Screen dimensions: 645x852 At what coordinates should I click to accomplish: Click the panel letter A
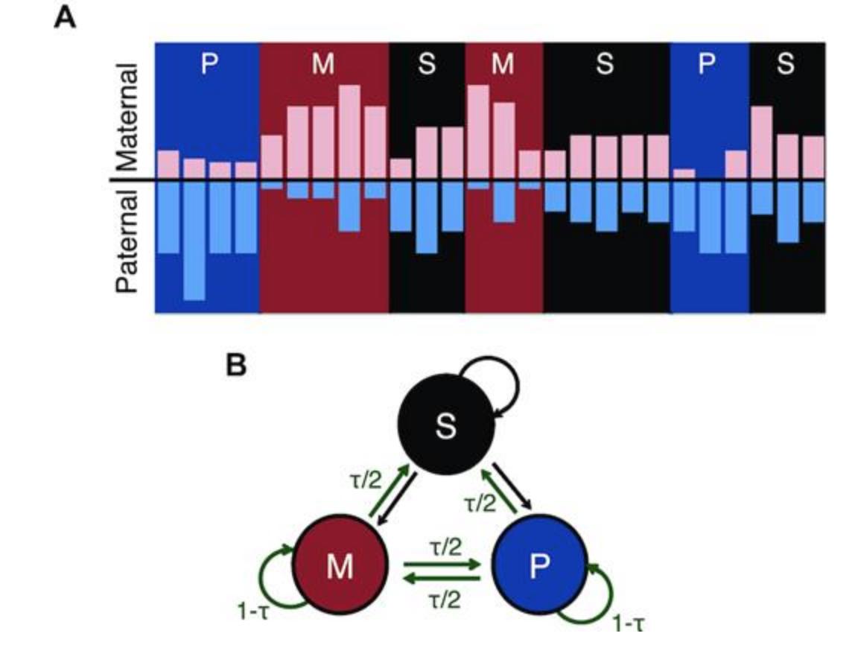point(66,16)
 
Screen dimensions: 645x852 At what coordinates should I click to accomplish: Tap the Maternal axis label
point(127,118)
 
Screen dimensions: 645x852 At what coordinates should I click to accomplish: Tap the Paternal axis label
point(127,241)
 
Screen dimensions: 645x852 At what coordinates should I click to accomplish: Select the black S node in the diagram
point(445,429)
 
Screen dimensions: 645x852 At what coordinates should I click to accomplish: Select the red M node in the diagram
point(340,568)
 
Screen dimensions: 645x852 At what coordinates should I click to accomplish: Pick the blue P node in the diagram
point(539,568)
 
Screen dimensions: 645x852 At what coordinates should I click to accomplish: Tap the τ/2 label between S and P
point(480,504)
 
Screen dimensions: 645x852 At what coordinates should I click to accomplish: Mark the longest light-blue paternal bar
point(194,240)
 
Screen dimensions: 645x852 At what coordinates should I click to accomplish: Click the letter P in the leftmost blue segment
point(209,65)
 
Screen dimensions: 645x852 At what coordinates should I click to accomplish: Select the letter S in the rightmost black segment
point(786,65)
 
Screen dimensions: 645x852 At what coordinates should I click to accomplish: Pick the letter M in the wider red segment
point(323,65)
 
